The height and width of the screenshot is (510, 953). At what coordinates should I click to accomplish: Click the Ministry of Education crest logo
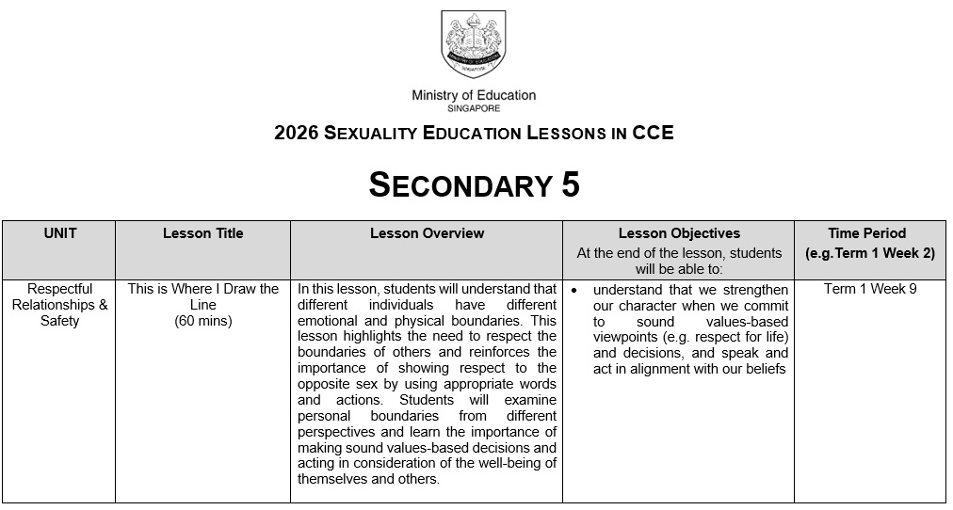(x=474, y=44)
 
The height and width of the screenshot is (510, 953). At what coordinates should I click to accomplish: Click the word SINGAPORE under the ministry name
(x=474, y=109)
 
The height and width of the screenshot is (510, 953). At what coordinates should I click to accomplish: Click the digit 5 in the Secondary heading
(x=570, y=185)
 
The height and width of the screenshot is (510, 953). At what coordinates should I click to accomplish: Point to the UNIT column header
(x=60, y=233)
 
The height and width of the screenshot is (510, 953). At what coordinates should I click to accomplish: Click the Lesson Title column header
(x=202, y=233)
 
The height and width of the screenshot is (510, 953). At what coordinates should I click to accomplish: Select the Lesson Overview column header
(x=427, y=233)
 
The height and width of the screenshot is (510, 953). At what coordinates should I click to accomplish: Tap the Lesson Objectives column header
(x=679, y=233)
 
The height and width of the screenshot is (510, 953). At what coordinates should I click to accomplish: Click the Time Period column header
(x=867, y=233)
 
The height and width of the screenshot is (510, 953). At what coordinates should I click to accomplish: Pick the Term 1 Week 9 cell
(x=870, y=289)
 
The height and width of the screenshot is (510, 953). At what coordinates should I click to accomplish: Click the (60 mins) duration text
(x=203, y=321)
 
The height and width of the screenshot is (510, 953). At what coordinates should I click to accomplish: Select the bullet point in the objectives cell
(x=573, y=290)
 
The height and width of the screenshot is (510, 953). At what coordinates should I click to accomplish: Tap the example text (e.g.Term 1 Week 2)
(x=869, y=253)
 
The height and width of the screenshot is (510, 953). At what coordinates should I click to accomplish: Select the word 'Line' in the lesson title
(x=203, y=305)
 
